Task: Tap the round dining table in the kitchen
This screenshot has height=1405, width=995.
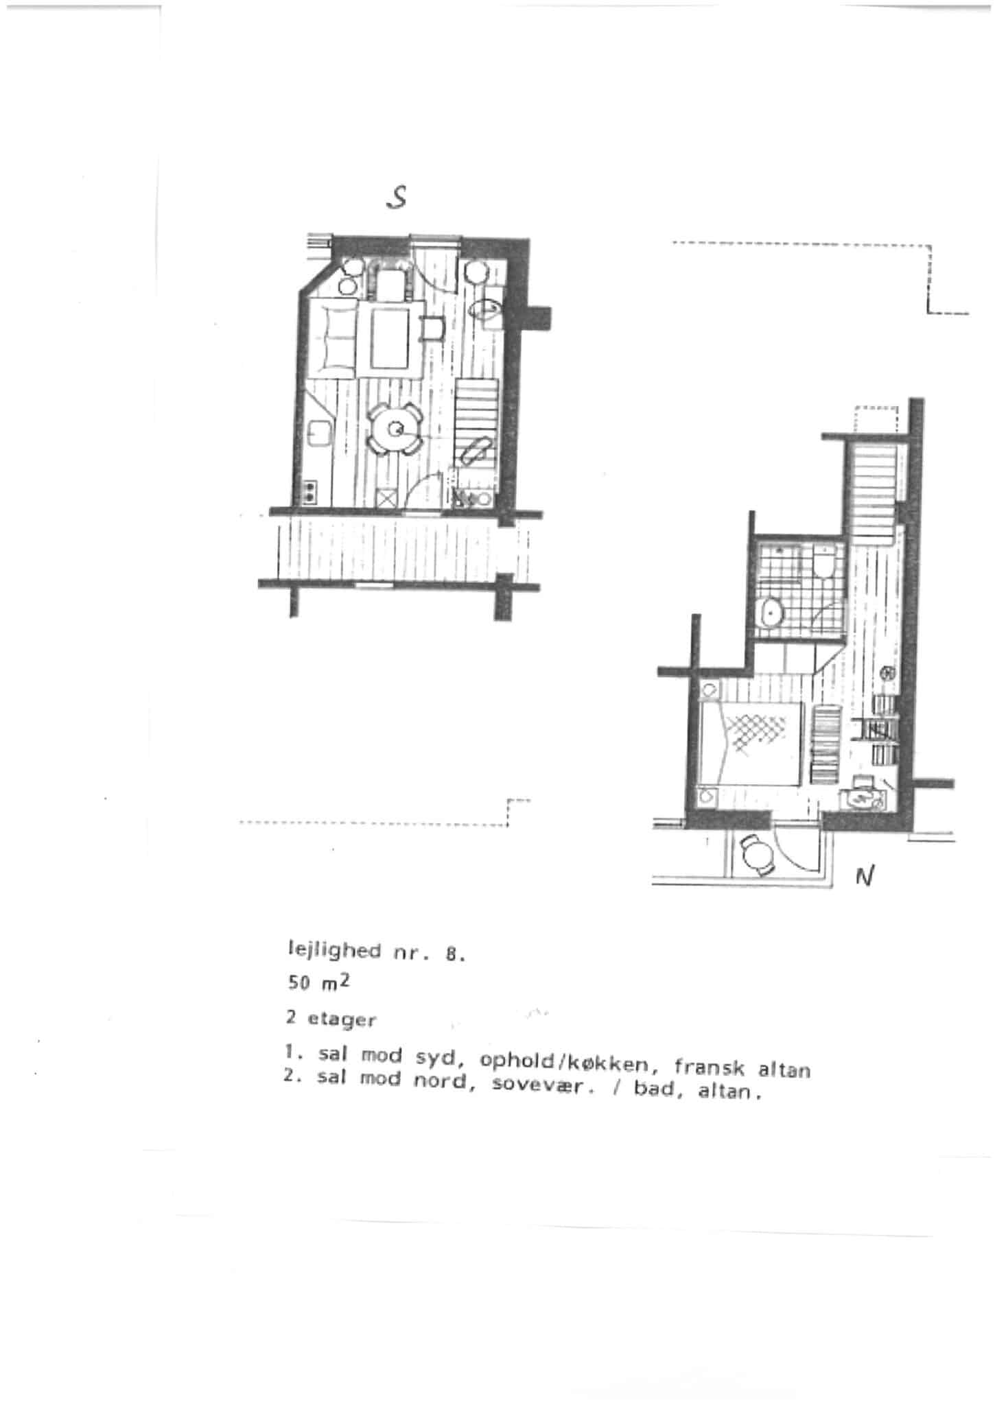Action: (x=396, y=429)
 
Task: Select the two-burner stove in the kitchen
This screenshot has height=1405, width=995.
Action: (x=311, y=491)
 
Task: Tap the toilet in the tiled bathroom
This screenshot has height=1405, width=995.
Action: (x=823, y=563)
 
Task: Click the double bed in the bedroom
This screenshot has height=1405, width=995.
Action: (x=750, y=744)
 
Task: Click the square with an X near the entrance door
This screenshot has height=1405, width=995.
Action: (x=386, y=499)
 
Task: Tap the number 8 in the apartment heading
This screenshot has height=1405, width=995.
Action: (x=452, y=954)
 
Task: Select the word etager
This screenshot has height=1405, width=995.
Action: (x=342, y=1020)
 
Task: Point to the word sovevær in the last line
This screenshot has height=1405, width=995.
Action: (x=543, y=1089)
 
